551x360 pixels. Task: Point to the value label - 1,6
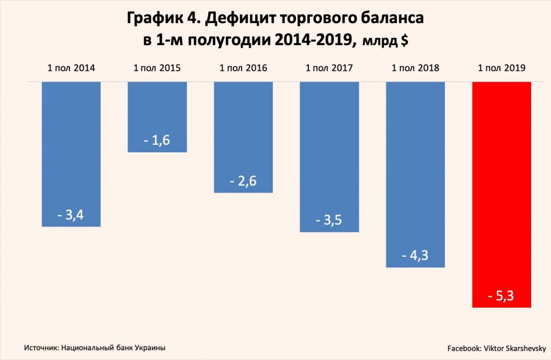(x=157, y=141)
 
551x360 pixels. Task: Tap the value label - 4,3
(x=415, y=256)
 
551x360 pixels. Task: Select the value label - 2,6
(x=243, y=181)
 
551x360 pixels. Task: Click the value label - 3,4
(x=71, y=216)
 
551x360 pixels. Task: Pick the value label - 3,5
(x=329, y=221)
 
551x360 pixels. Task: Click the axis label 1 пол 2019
(x=501, y=68)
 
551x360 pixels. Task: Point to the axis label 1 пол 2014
(x=71, y=68)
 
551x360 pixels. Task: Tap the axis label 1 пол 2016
(x=243, y=68)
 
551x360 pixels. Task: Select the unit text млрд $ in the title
(x=384, y=42)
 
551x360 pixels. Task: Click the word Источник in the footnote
(x=41, y=348)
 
